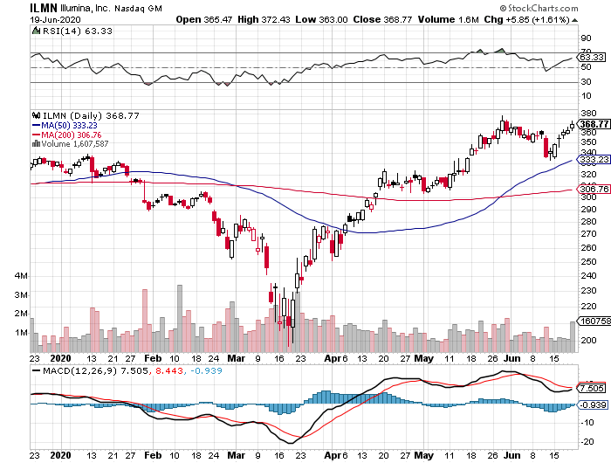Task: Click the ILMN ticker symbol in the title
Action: coord(45,7)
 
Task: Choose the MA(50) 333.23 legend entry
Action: coord(68,125)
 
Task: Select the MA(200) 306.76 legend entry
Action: coord(70,135)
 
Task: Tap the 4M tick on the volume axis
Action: coord(22,276)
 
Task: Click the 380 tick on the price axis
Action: coord(587,114)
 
